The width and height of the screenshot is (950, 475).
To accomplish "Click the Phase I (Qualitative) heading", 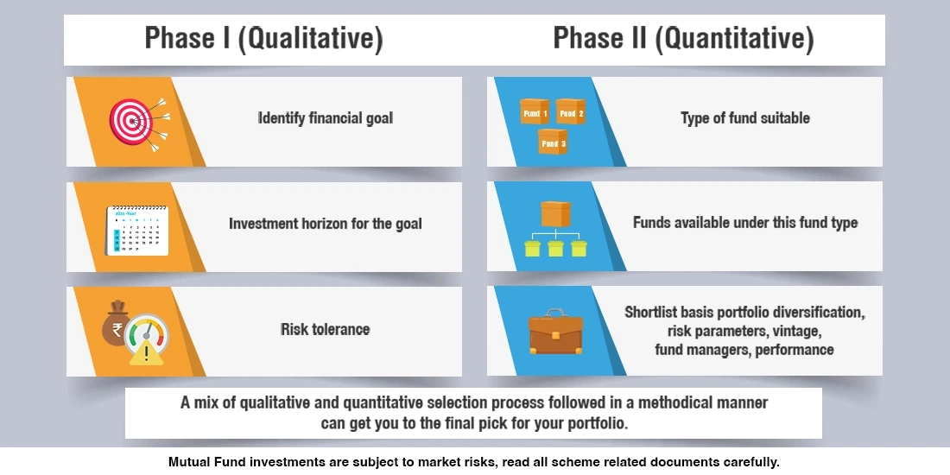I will tap(263, 39).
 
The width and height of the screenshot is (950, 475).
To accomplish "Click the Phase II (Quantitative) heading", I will tap(683, 39).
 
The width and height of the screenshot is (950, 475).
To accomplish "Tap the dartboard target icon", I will tap(131, 121).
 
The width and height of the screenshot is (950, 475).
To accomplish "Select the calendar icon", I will tap(136, 230).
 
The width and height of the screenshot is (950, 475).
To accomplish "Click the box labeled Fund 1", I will tap(533, 112).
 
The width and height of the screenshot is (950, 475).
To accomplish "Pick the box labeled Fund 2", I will tap(571, 112).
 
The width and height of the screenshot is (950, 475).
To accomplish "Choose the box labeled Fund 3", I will tap(552, 142).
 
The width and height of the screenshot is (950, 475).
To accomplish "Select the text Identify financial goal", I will tap(326, 118).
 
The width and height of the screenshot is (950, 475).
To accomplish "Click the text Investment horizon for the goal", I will tap(326, 224).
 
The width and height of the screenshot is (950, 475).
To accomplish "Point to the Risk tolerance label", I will tap(326, 329).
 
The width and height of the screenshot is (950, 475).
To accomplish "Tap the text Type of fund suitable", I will tap(744, 118).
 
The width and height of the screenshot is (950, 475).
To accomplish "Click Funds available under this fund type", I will tap(744, 223).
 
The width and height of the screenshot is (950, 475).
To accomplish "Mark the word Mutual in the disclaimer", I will tap(188, 462).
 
